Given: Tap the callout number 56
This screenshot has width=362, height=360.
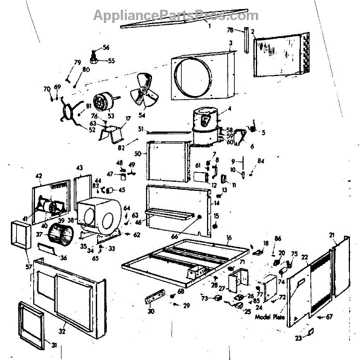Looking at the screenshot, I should [x=106, y=47].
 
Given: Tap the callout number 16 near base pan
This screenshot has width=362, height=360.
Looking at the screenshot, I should [x=229, y=237].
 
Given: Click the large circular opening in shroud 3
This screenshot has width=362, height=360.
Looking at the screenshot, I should [x=195, y=77].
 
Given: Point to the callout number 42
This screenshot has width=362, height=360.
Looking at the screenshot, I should [x=39, y=176].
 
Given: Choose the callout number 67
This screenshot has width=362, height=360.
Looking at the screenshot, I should [x=329, y=316].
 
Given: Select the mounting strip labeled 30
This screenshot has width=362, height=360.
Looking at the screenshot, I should [x=155, y=298].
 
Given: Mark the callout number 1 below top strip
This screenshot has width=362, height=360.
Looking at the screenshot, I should [x=209, y=27].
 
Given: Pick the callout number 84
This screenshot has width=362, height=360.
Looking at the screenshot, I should [x=261, y=161].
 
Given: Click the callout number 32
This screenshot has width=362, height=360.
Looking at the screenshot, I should [x=62, y=331].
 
